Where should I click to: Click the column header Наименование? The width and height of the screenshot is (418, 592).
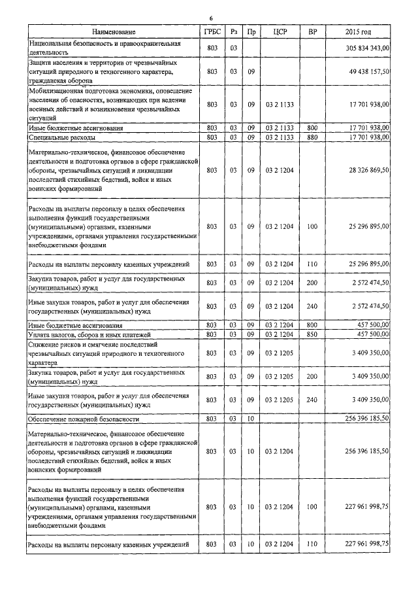114,31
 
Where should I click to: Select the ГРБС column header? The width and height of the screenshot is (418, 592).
211,31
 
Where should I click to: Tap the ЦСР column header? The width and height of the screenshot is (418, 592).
280,31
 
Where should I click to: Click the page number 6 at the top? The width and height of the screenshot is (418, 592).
210,18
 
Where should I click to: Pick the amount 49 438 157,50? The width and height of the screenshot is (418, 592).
370,71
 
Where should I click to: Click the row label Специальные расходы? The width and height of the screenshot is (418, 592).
62,138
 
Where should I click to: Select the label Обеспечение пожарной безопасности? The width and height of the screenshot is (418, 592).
83,418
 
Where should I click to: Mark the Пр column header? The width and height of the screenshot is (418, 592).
250,31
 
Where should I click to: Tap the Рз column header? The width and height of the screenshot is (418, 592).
233,31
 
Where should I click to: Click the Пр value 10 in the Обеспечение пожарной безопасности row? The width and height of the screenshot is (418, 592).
250,418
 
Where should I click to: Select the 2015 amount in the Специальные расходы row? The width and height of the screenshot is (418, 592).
370,137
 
